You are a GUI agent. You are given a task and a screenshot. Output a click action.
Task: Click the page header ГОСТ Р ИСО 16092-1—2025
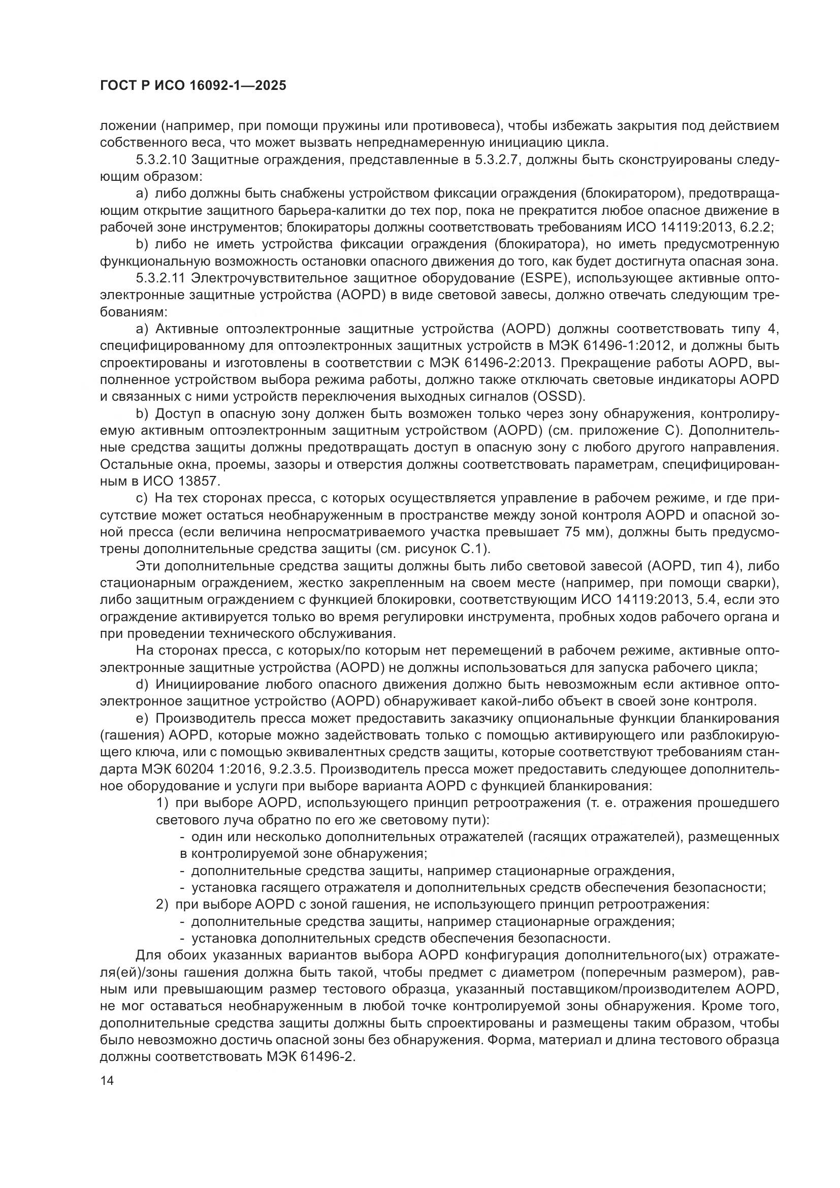[192, 86]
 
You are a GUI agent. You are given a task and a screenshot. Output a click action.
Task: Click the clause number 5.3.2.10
[161, 159]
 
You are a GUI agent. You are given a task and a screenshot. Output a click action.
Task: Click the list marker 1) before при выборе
[163, 803]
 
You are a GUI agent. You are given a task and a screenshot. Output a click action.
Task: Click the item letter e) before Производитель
[142, 719]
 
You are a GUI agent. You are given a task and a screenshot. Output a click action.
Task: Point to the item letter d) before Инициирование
[142, 685]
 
